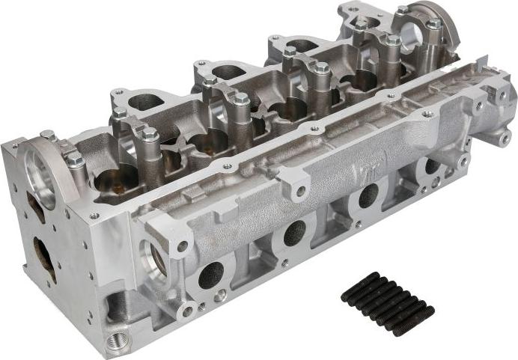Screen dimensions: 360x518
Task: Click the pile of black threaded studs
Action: coord(387,303)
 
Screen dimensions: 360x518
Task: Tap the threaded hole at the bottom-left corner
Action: coord(115,341)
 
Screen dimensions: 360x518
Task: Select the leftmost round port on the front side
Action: coord(211,275)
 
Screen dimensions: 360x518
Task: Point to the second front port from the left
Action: coord(294,233)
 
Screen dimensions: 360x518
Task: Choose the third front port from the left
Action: coord(368,196)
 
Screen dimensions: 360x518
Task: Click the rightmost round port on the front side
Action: coord(433,166)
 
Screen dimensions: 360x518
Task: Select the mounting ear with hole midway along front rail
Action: coord(299,190)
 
